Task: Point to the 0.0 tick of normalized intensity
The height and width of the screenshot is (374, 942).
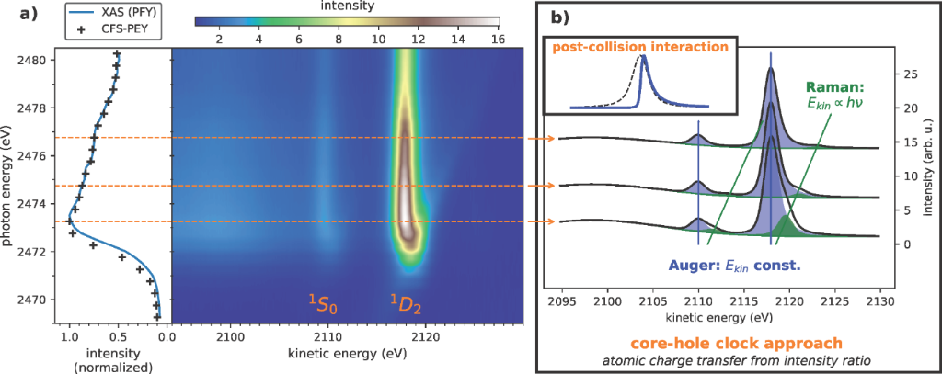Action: click(x=164, y=337)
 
